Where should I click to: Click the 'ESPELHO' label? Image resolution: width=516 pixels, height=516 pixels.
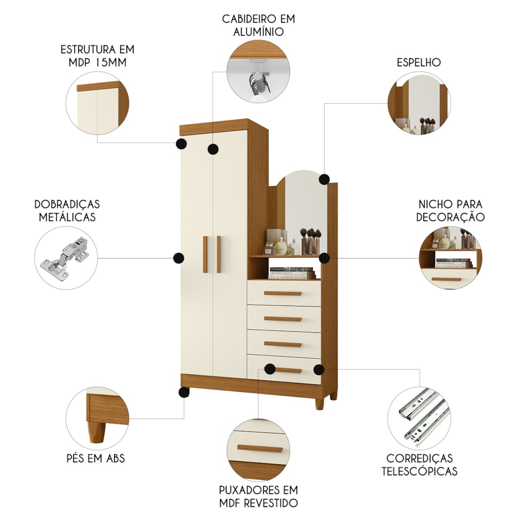click(x=418, y=62)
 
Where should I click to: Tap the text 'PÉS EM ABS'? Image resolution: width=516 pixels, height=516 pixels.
click(x=96, y=458)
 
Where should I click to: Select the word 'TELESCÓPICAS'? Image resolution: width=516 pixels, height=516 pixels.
click(x=420, y=471)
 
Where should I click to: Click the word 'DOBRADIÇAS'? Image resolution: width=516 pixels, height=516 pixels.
click(x=67, y=204)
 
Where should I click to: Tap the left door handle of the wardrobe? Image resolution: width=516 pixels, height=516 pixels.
click(x=205, y=254)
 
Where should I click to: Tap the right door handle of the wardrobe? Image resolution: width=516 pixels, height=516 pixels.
click(x=218, y=254)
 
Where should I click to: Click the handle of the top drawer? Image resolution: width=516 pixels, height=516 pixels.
click(x=283, y=293)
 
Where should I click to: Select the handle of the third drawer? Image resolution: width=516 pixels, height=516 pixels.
click(x=283, y=345)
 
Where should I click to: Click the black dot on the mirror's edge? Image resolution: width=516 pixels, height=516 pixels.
click(x=325, y=180)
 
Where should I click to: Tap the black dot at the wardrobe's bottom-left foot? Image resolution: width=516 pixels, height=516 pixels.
click(x=183, y=392)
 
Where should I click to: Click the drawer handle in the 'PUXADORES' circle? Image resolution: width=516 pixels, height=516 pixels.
click(x=260, y=449)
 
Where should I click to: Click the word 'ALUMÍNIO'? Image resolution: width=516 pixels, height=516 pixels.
click(x=259, y=32)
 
